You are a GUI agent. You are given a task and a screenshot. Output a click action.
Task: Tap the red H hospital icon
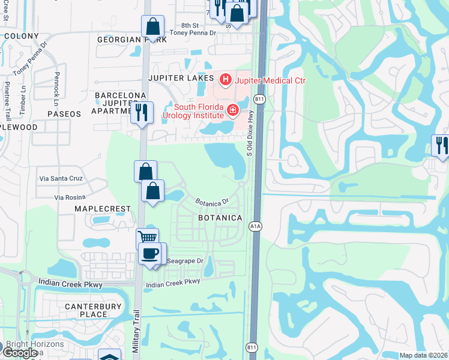pyautogui.click(x=225, y=79)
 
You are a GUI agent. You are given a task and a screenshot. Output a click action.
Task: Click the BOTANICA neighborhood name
pyautogui.click(x=220, y=218)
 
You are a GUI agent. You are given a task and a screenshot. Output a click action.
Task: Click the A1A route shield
pyautogui.click(x=255, y=225)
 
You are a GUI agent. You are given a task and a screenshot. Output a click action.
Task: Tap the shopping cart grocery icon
pyautogui.click(x=147, y=237)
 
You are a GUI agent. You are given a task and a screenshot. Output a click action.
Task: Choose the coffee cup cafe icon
pyautogui.click(x=149, y=253)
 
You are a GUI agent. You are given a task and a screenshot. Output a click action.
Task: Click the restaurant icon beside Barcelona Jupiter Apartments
pyautogui.click(x=142, y=112)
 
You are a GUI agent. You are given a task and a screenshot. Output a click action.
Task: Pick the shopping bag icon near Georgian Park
pyautogui.click(x=153, y=26)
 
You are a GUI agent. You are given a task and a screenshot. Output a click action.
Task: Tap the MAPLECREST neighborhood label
pyautogui.click(x=102, y=208)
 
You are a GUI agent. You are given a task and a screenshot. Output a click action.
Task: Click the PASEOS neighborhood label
pyautogui.click(x=63, y=113)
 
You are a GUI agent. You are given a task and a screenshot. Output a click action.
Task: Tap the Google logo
pyautogui.click(x=20, y=353)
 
